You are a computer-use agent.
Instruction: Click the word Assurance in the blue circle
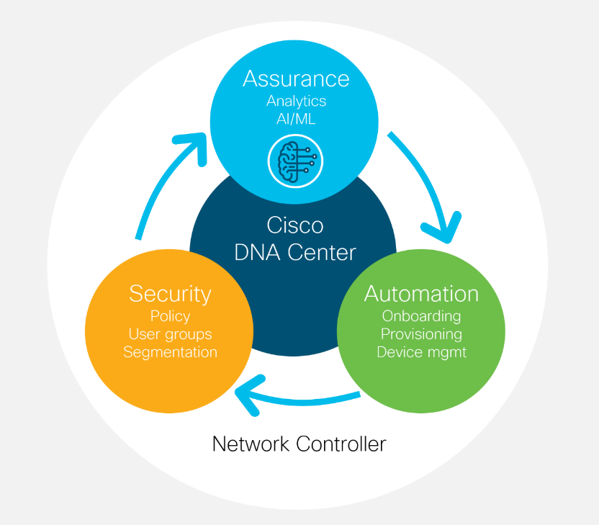pyautogui.click(x=296, y=78)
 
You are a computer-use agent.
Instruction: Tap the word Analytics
pyautogui.click(x=296, y=101)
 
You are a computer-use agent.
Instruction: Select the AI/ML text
pyautogui.click(x=296, y=119)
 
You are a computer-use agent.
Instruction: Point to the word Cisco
pyautogui.click(x=295, y=225)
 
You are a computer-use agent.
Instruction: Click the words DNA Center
pyautogui.click(x=295, y=253)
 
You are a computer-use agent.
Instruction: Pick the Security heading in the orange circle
pyautogui.click(x=170, y=294)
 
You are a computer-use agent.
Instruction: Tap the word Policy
pyautogui.click(x=170, y=316)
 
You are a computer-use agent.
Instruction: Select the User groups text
pyautogui.click(x=170, y=334)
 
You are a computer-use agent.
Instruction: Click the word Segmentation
pyautogui.click(x=170, y=352)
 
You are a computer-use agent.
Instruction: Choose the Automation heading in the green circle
pyautogui.click(x=421, y=294)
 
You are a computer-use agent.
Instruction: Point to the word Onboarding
pyautogui.click(x=421, y=316)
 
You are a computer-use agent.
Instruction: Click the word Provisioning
pyautogui.click(x=421, y=334)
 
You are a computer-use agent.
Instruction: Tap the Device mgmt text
pyautogui.click(x=421, y=352)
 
